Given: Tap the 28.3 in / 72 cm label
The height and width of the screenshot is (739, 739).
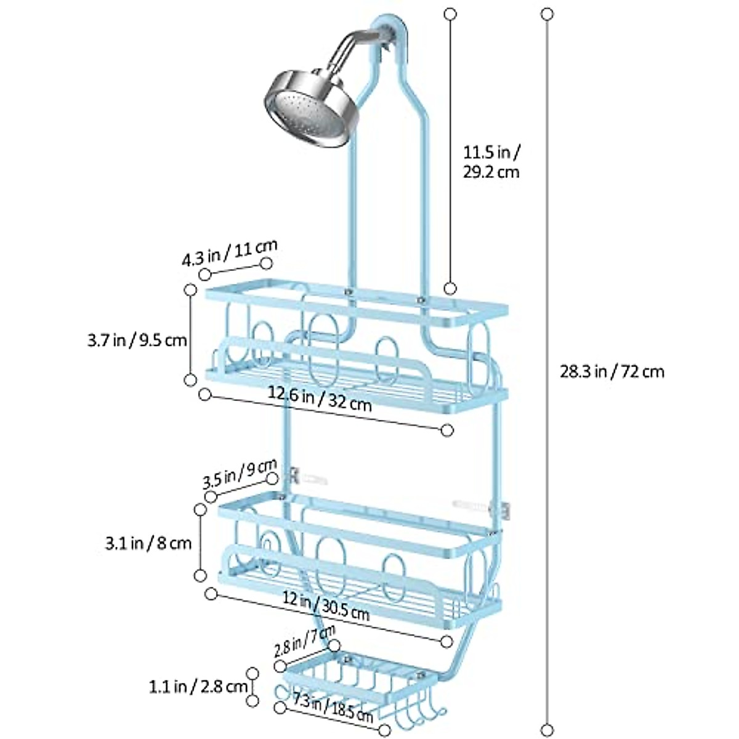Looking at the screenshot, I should (612, 371).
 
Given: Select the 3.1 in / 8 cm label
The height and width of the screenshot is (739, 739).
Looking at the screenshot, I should (147, 543).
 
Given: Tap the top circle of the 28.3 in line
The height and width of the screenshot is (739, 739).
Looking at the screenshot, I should (546, 13).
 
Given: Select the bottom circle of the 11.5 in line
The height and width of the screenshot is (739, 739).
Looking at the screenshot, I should (451, 288).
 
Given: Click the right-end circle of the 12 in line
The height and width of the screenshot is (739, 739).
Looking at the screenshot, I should (448, 641).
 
